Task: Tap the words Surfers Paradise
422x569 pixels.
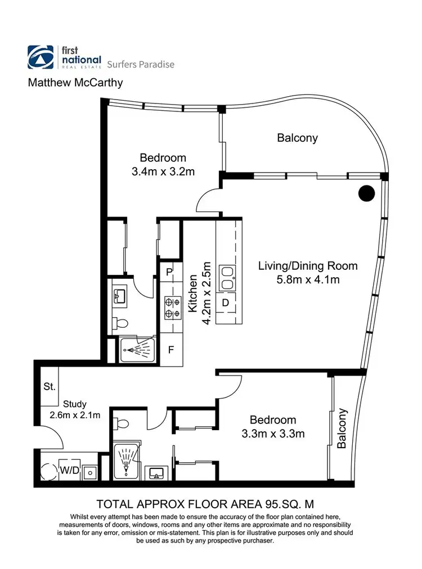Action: click(140, 64)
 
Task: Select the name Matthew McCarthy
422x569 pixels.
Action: click(75, 83)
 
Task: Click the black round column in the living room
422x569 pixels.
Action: click(366, 193)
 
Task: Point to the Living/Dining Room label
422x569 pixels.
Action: click(307, 265)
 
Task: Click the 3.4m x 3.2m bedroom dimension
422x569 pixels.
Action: click(163, 172)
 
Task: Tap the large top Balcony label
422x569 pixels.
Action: click(297, 138)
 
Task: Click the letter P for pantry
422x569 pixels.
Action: click(169, 273)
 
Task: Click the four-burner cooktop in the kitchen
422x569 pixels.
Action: click(170, 306)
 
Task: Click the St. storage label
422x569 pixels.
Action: click(50, 387)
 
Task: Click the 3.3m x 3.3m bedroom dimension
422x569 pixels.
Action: click(273, 433)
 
